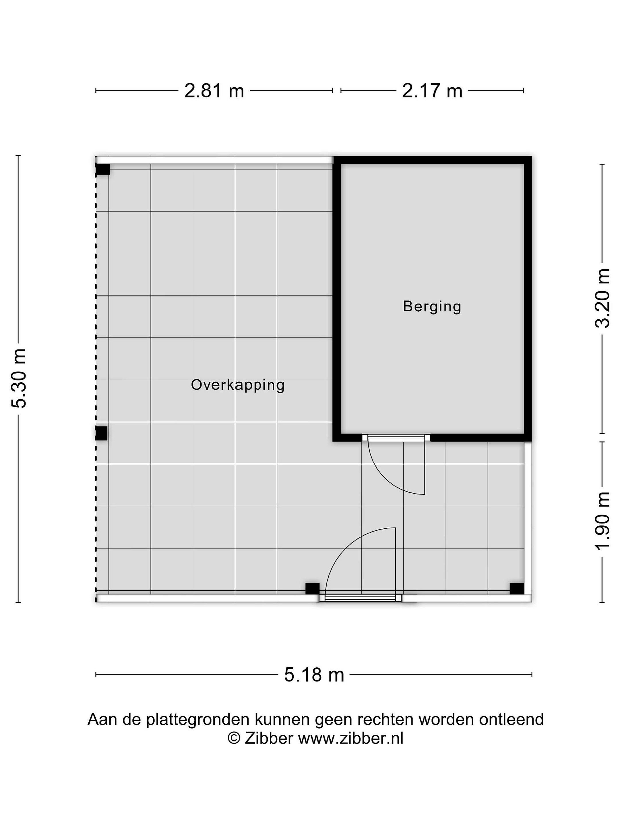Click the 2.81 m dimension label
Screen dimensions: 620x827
pos(214,91)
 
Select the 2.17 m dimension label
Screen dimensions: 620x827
pos(432,91)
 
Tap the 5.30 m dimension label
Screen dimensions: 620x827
pos(19,378)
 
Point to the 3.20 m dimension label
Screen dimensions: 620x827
pos(602,298)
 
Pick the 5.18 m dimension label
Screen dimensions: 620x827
pos(314,675)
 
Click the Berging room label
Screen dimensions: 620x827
pos(432,307)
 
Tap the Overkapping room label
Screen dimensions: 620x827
pos(238,385)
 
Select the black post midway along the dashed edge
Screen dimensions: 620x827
pos(101,433)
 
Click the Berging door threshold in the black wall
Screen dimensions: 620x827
pos(396,437)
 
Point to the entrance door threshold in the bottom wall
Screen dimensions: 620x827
pos(360,598)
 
